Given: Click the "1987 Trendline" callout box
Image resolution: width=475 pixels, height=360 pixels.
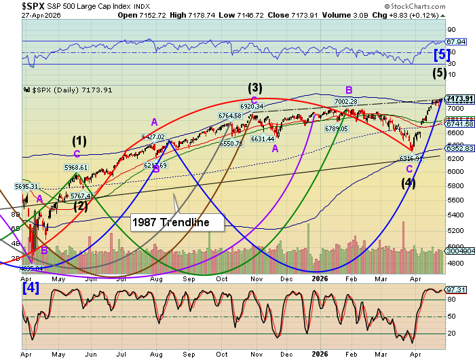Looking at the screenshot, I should point(177,221).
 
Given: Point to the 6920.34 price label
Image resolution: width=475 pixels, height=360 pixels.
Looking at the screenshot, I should point(252,106).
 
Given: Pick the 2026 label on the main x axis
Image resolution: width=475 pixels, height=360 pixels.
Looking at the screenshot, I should point(321,278).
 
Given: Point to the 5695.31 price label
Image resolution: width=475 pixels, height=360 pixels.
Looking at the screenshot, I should point(27,185).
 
